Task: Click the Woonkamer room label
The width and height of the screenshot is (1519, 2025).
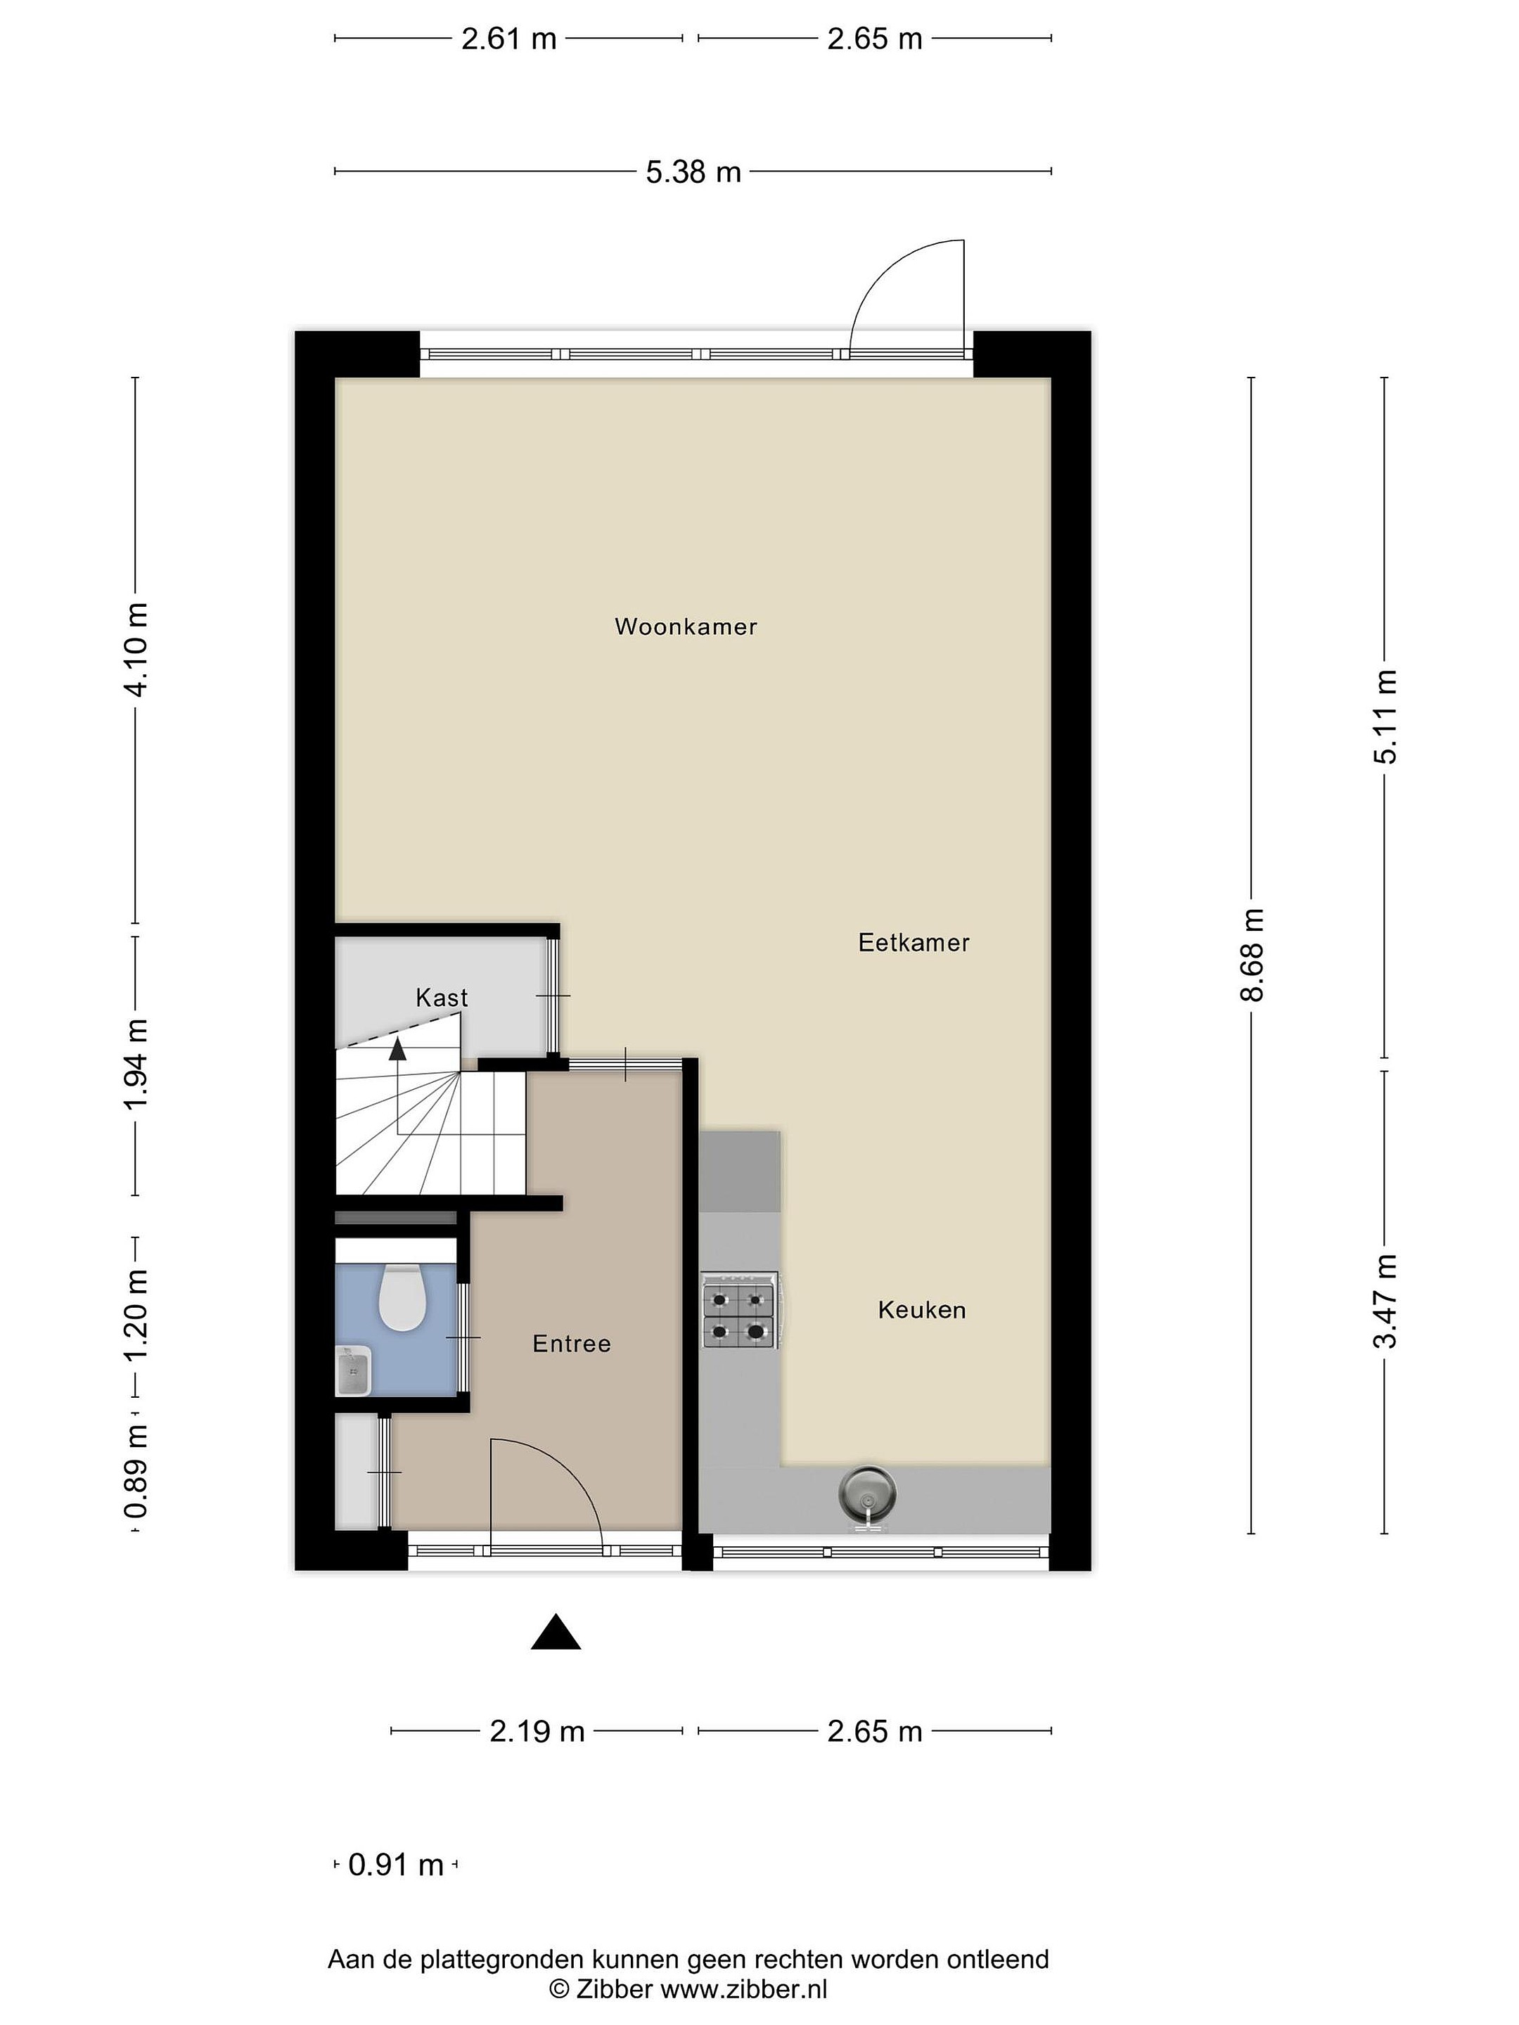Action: [686, 627]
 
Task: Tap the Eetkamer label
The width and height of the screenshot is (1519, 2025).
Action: [914, 942]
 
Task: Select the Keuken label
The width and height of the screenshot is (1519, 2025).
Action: [922, 1310]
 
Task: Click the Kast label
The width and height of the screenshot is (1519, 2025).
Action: [442, 997]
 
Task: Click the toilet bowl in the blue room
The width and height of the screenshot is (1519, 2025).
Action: [400, 1297]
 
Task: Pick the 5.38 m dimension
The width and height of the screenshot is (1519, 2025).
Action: [693, 171]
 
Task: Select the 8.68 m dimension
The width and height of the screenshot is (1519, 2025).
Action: [1252, 955]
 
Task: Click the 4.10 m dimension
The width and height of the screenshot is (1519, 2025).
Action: [136, 649]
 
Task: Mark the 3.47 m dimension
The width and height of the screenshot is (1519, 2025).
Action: [1385, 1301]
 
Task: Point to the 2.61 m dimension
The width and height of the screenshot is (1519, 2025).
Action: [509, 39]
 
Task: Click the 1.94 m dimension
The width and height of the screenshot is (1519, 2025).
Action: [136, 1065]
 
